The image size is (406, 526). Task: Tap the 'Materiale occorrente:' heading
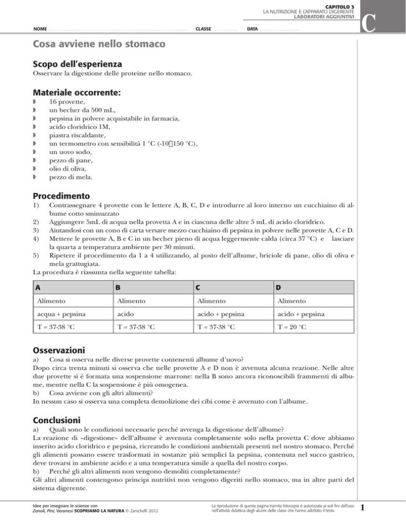click(x=77, y=92)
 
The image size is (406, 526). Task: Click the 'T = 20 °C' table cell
click(x=293, y=328)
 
